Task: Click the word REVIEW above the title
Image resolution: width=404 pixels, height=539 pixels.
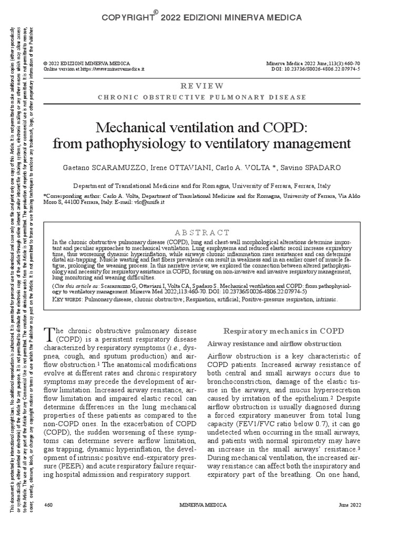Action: [x=202, y=86]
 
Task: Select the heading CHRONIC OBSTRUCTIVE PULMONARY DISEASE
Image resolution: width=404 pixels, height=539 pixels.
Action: [x=202, y=97]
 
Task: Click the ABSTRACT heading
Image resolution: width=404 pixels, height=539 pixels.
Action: [x=202, y=233]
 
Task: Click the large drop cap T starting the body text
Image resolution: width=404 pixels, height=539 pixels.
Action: [x=49, y=333]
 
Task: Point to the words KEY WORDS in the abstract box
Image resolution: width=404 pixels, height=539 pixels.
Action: [x=68, y=299]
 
